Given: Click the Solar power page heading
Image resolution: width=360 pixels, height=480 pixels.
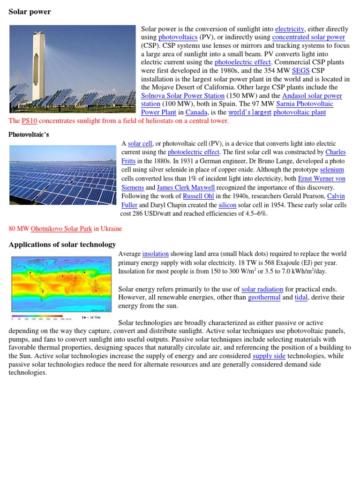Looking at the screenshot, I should pyautogui.click(x=30, y=12).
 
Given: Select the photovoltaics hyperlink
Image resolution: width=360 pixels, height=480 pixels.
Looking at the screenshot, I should pyautogui.click(x=178, y=37).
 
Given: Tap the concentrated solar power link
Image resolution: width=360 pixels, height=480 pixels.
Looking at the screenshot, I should pyautogui.click(x=308, y=37).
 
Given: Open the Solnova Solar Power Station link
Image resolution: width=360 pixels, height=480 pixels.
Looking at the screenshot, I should pyautogui.click(x=183, y=96).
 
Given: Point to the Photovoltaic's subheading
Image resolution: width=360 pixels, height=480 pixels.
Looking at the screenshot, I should pyautogui.click(x=29, y=135).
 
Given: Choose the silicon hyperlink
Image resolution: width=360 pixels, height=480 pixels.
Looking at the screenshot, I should pyautogui.click(x=227, y=205).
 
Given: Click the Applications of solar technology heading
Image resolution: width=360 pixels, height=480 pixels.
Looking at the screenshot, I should pyautogui.click(x=62, y=245).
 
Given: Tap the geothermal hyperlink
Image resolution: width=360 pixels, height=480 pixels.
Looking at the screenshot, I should pyautogui.click(x=264, y=297).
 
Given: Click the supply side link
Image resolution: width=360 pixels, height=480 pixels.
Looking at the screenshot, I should pyautogui.click(x=269, y=356).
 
